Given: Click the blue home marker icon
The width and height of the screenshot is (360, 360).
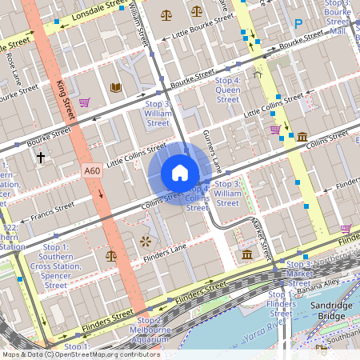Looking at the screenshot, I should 179,173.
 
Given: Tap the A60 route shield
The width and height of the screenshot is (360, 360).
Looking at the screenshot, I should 92,170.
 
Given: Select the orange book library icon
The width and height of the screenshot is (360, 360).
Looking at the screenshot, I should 115,87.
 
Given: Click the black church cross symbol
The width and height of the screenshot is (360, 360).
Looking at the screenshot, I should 41,158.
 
